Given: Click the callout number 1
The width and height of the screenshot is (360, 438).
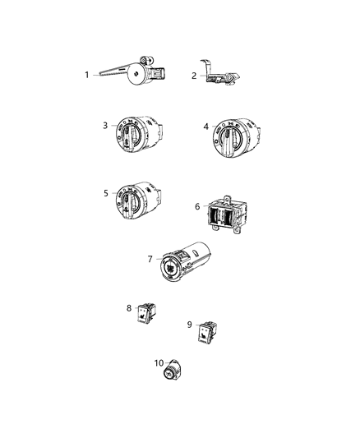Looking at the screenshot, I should tap(86, 75).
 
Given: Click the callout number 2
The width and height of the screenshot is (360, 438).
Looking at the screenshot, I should tap(194, 76).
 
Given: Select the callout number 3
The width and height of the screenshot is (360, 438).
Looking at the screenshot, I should tap(105, 125).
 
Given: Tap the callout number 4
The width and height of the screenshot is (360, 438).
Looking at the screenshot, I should tap(206, 126).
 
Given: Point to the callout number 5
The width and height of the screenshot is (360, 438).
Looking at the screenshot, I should tap(105, 193).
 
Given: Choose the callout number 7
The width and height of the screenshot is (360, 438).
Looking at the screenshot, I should tap(150, 259).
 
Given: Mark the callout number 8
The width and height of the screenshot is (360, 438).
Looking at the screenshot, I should tap(129, 308).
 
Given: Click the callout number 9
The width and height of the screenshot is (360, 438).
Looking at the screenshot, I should tap(192, 324).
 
